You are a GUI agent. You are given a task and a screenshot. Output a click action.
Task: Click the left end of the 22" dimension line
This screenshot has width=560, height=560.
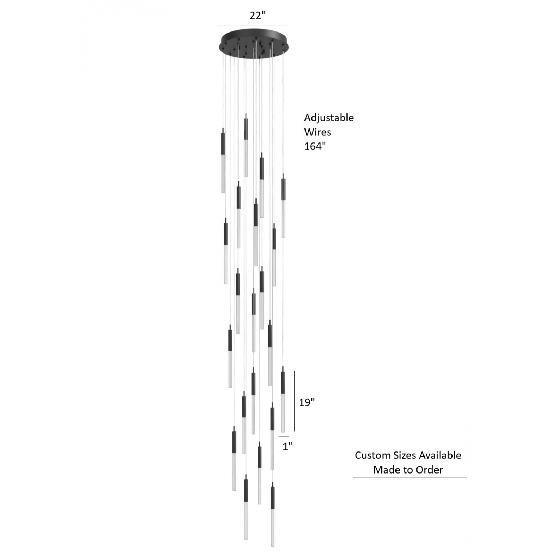point(219,25)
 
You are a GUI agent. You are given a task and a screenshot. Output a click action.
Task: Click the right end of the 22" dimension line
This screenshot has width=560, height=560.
point(287,25)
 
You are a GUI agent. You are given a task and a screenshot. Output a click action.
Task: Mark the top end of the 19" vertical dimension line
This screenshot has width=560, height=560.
point(294,371)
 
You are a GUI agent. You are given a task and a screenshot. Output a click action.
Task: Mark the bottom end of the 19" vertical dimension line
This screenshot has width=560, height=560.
point(294,432)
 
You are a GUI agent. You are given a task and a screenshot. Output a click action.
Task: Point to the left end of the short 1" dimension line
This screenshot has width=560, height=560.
point(279,437)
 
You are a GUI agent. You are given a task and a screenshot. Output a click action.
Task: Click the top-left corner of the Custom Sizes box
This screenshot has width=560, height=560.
point(353,448)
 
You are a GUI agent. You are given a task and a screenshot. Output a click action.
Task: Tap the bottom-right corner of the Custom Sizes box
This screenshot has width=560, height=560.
point(467,478)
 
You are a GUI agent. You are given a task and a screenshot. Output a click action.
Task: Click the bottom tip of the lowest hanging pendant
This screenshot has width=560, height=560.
point(273,546)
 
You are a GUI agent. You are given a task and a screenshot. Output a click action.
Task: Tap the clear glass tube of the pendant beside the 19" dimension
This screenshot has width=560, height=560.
point(283,413)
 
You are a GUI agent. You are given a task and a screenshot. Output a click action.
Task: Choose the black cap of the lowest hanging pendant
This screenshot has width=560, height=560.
point(273,497)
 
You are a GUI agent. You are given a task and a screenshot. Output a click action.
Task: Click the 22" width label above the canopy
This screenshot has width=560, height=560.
point(258,15)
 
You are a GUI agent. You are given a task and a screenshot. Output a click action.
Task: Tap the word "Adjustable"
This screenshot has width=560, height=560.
point(329,118)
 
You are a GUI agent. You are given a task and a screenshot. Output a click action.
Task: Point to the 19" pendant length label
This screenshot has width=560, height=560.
point(307,402)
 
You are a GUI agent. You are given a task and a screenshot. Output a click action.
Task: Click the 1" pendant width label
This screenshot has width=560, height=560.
point(288,446)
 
